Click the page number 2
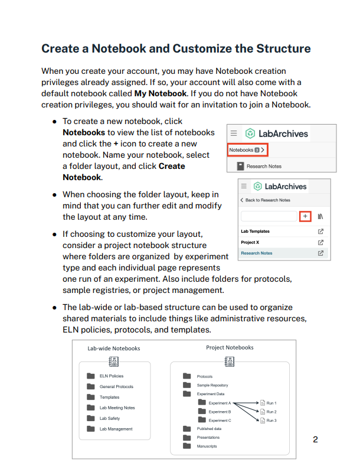(x=315, y=439)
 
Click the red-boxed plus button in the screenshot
(x=305, y=217)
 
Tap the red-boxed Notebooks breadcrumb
(x=247, y=150)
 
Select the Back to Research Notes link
(x=267, y=200)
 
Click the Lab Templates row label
(x=255, y=231)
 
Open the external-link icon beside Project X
(x=320, y=242)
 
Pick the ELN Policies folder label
(x=112, y=376)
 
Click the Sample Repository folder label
(x=212, y=384)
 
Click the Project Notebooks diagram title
(x=230, y=347)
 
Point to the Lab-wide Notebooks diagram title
(x=114, y=348)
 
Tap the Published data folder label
(x=209, y=429)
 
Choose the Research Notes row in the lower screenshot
(x=257, y=253)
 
